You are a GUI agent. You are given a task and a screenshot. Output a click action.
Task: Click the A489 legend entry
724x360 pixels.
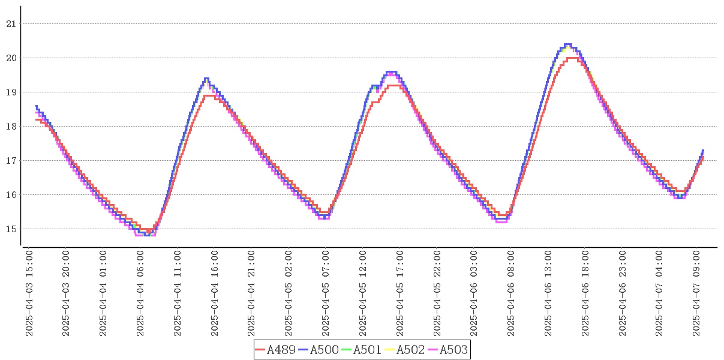pos(275,350)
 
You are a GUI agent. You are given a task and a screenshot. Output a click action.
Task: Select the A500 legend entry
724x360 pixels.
pos(319,350)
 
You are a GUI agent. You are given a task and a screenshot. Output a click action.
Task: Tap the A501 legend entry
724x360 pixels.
pos(362,350)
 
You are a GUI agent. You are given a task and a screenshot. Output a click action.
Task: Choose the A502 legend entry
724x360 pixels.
pos(405,350)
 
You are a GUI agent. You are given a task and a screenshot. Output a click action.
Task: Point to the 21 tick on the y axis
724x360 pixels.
pos(10,24)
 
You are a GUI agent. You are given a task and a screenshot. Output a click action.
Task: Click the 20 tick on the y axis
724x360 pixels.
pos(10,58)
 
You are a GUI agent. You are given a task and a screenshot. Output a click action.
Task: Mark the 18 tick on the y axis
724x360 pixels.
pos(10,127)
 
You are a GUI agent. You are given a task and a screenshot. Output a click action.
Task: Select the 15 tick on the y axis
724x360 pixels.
pos(10,229)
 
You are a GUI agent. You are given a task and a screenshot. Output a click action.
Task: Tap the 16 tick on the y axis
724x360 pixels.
pos(10,195)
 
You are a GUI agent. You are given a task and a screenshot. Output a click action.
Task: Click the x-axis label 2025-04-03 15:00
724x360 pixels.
pos(29,293)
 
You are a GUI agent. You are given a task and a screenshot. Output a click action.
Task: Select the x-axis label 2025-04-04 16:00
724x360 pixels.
pos(215,293)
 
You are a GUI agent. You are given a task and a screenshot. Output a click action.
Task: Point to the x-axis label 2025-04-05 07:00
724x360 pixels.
pos(326,293)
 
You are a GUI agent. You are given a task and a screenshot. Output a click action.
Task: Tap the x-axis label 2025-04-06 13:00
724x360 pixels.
pos(548,293)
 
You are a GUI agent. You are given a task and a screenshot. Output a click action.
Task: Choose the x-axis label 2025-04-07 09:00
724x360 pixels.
pos(696,293)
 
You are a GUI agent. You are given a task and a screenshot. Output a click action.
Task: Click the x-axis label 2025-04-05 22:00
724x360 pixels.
pos(437,293)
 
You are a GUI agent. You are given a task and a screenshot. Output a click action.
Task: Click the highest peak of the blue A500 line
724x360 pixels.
pos(568,44)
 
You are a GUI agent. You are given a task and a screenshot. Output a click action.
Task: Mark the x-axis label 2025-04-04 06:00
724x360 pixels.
pos(140,293)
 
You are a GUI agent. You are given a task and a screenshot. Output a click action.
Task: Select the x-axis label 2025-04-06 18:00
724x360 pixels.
pos(585,293)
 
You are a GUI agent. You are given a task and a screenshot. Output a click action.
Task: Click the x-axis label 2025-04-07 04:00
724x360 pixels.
pos(659,293)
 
